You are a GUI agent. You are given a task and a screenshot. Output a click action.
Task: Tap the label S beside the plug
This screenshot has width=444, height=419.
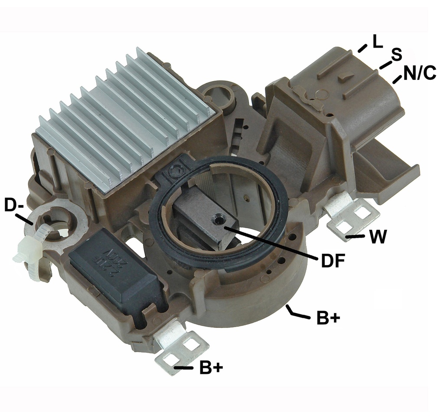(x=396, y=55)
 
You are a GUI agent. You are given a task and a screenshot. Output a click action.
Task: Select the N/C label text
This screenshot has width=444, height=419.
(x=419, y=74)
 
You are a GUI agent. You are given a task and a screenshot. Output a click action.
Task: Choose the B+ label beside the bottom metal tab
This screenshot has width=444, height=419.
(x=211, y=368)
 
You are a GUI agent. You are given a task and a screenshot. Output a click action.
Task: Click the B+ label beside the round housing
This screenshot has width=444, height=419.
(x=328, y=318)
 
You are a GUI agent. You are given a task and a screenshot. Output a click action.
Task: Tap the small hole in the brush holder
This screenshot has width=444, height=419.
(x=217, y=221)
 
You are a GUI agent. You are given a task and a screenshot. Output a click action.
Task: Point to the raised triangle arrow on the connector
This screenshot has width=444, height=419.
(x=345, y=78)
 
